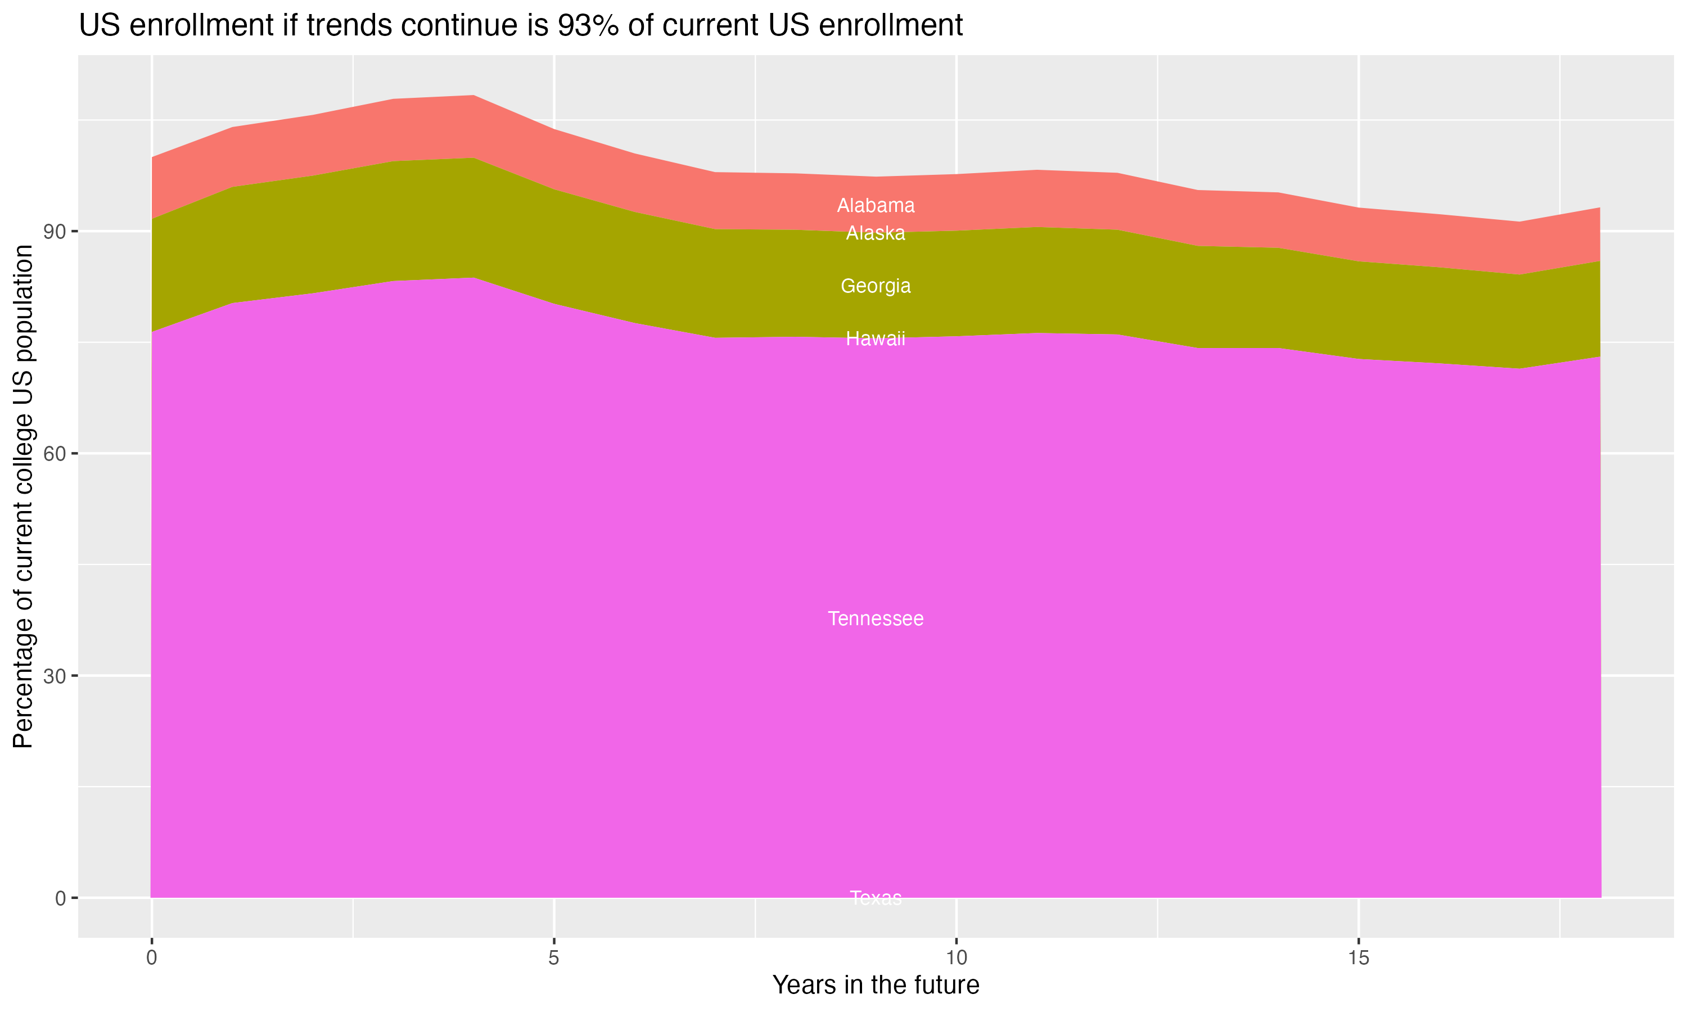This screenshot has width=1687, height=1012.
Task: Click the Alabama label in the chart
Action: point(876,205)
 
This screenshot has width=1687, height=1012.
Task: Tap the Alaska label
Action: point(876,233)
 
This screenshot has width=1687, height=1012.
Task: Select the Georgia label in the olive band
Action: point(876,286)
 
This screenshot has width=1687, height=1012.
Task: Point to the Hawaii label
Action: point(876,338)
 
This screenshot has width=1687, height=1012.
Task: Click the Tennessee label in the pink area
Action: point(876,618)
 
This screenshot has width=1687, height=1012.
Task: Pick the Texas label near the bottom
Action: point(876,897)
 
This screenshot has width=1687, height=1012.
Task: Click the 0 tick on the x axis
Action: point(151,958)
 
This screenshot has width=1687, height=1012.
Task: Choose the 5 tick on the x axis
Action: point(554,958)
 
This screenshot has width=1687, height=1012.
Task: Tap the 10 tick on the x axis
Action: point(956,958)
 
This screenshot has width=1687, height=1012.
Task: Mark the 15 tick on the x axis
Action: point(1359,958)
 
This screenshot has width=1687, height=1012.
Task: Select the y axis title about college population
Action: point(23,496)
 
